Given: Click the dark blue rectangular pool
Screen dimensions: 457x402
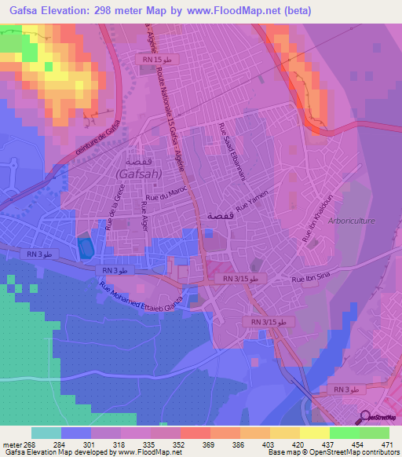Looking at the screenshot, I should click(85, 248).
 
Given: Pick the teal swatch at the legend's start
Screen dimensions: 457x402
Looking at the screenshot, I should click(46, 433).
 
